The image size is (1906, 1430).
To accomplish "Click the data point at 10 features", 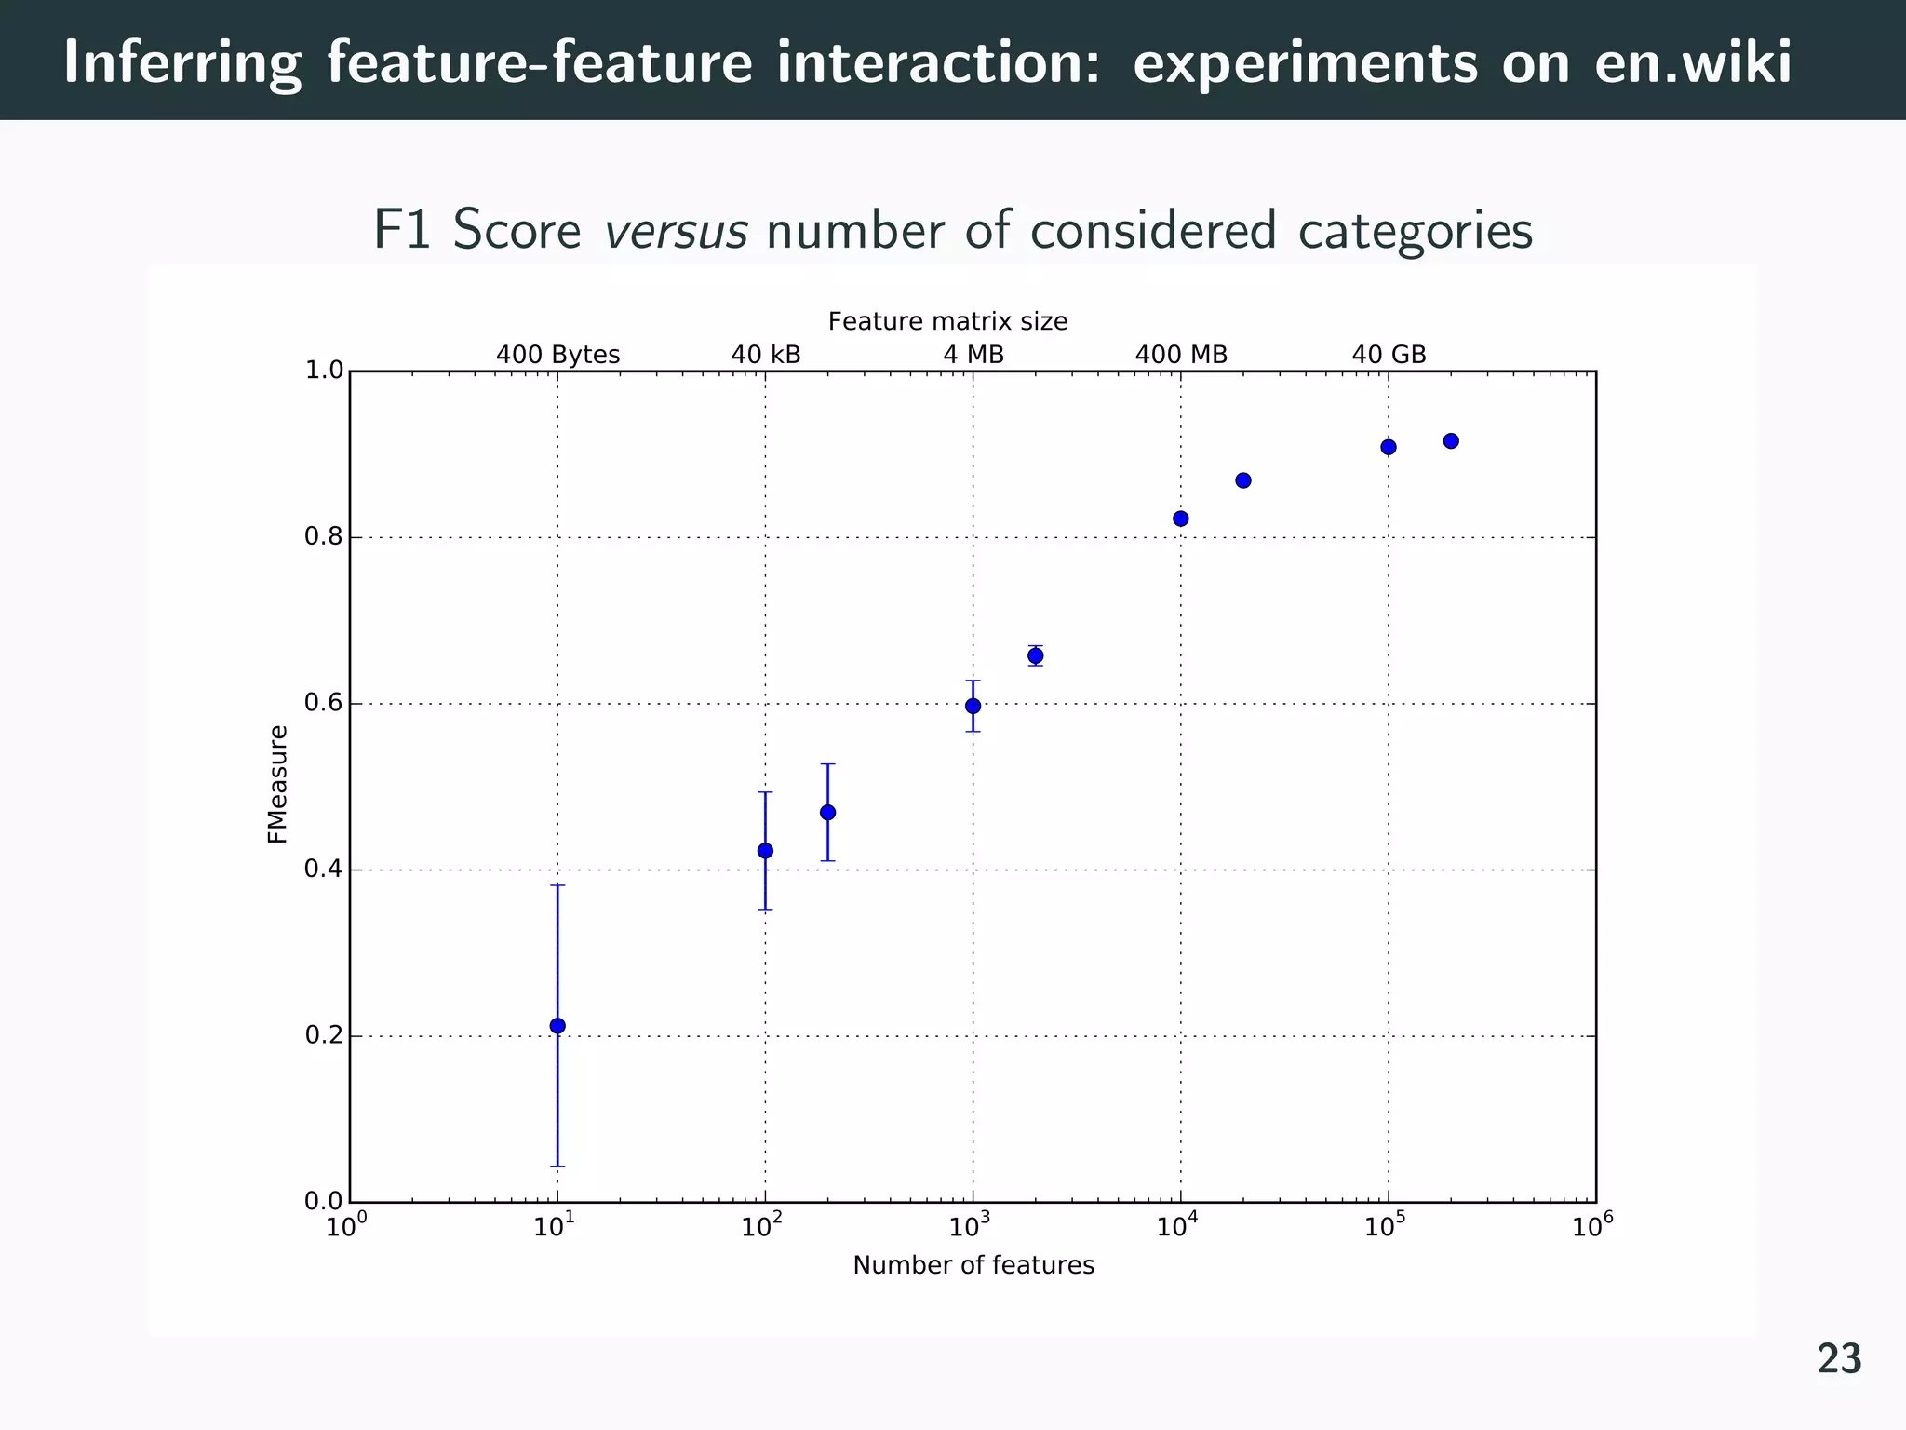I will click(557, 1026).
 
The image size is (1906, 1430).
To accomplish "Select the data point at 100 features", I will click(765, 850).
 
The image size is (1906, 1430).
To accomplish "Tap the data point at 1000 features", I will click(973, 706).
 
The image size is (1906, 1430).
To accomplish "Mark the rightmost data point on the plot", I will click(1451, 441).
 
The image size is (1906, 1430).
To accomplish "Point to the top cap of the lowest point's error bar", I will click(557, 885).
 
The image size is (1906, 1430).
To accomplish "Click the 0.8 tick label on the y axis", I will click(323, 537).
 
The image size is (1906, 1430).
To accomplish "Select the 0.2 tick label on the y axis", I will click(323, 1036).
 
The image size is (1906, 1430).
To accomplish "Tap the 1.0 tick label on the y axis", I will click(323, 371).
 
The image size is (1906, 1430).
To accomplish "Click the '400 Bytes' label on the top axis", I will click(557, 355).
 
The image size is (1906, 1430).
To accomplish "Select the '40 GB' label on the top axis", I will click(1389, 355).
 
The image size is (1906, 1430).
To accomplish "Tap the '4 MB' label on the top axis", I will click(973, 355).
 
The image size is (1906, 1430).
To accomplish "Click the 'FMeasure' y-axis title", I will click(277, 785).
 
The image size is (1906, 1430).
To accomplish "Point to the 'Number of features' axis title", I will click(973, 1265).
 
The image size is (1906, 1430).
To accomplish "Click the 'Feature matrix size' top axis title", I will click(947, 322).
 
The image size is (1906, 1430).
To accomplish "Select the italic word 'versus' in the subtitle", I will click(676, 231).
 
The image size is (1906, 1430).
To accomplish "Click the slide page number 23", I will click(1839, 1360).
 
